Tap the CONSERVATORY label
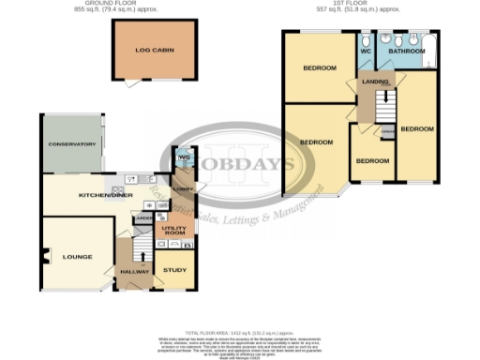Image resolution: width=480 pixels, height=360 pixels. [x=73, y=144]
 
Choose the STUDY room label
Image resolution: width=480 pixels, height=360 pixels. [x=174, y=270]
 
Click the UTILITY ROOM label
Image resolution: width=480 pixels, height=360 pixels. [x=174, y=231]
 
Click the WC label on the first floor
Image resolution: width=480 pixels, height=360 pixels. [x=366, y=52]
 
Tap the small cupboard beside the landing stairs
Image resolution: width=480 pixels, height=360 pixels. [x=387, y=133]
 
